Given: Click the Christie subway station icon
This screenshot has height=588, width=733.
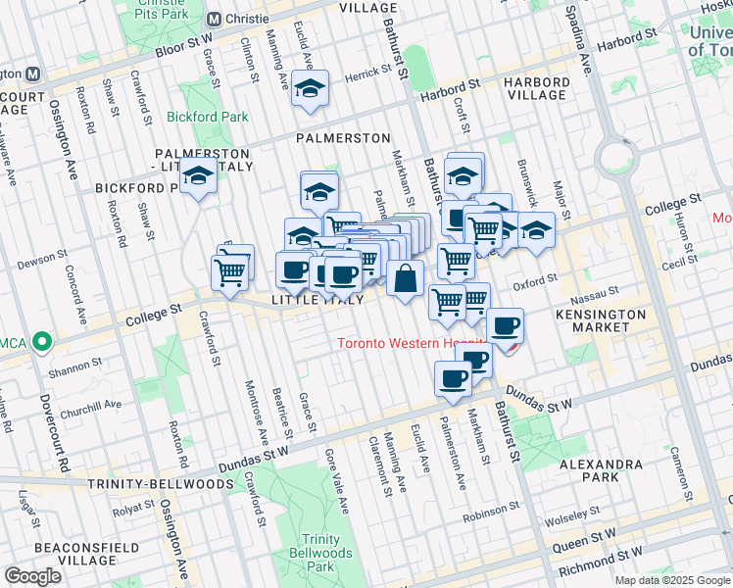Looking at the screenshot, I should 215,20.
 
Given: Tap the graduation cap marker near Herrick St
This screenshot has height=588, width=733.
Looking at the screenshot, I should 310,90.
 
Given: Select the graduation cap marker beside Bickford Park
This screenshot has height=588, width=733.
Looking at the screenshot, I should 199,178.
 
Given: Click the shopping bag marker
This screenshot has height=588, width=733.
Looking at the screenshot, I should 405,279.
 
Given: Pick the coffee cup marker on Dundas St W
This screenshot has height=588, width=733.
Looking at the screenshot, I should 452,379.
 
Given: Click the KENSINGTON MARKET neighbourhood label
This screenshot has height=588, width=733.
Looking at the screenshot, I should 601,321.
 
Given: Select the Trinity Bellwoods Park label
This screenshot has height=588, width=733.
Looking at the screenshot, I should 320,553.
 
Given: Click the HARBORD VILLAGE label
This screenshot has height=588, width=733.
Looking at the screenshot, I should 537,88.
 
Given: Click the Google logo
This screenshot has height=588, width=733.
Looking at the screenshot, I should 32,576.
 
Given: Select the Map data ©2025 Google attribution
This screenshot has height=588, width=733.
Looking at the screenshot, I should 672,581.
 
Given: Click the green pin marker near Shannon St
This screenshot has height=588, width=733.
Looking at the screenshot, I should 41,342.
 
